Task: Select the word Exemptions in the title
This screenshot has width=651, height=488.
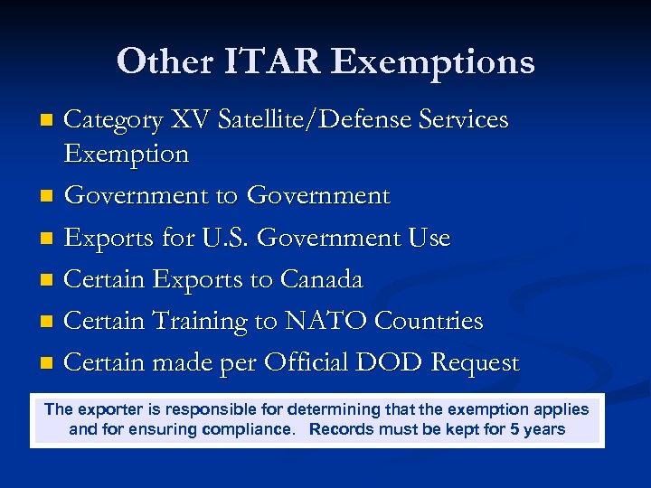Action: [x=433, y=61]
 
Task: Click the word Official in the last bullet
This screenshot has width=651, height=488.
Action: [x=309, y=362]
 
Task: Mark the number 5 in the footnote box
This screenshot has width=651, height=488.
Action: [x=514, y=429]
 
